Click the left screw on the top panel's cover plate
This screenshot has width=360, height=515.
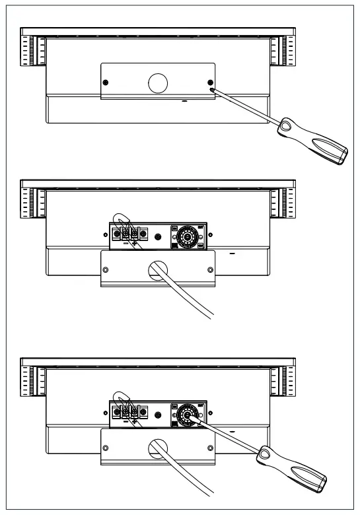pos(106,83)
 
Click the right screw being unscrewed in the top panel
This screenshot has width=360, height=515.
pos(210,83)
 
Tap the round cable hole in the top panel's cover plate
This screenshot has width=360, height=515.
pos(158,82)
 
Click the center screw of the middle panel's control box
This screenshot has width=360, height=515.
pos(157,236)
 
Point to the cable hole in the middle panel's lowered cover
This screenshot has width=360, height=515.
pos(158,269)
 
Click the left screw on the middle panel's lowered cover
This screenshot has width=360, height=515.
pos(106,269)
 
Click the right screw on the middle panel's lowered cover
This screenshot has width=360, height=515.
pos(210,269)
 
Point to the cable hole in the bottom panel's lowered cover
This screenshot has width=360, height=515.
pos(158,447)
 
